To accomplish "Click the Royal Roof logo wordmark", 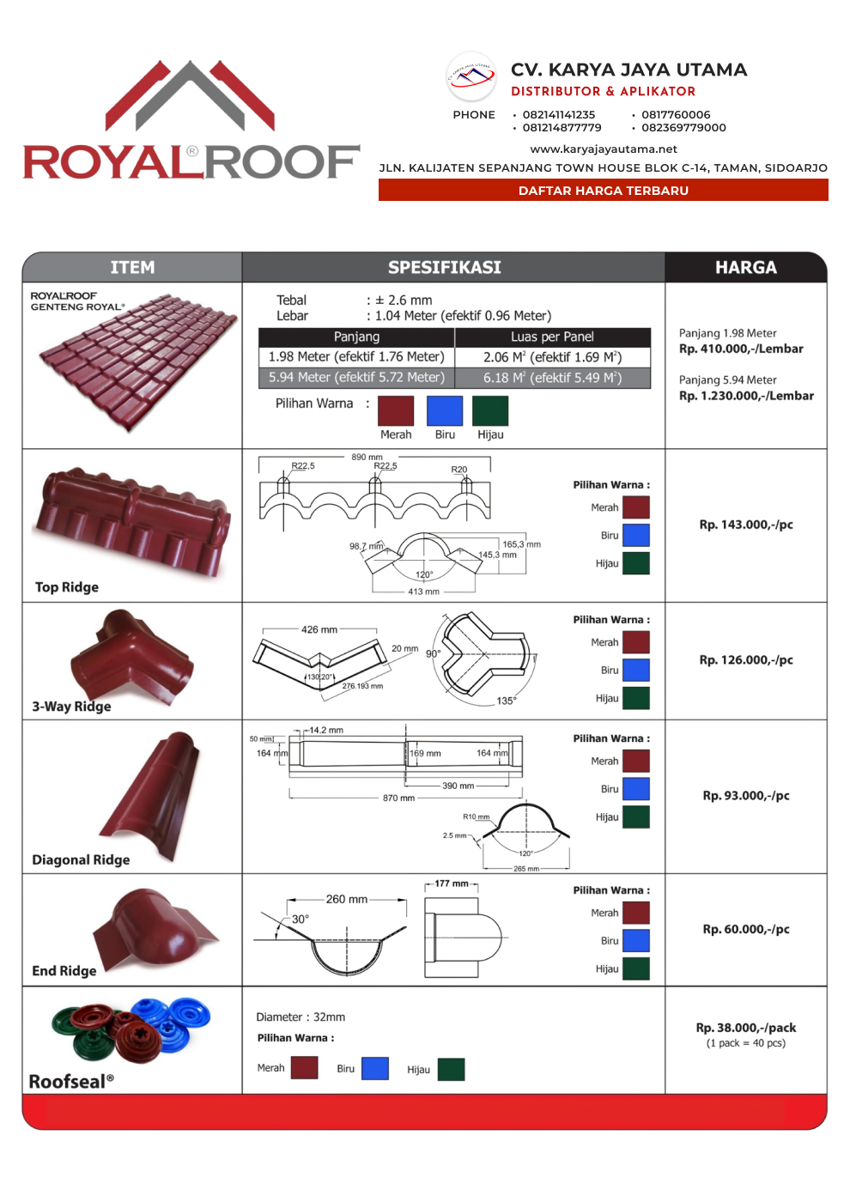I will click(x=191, y=161).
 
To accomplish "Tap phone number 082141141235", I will click(x=558, y=115).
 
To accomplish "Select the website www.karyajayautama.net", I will click(x=604, y=149).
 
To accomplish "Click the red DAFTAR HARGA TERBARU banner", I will click(x=603, y=191).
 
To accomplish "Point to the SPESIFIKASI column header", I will click(x=444, y=268).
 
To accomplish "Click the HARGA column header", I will click(x=745, y=268).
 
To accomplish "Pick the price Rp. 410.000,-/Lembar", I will click(x=741, y=349).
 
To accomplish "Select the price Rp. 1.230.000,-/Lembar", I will click(x=746, y=396).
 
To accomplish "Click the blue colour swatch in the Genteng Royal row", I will click(x=445, y=410).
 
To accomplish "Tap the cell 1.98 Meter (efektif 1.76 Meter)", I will click(x=356, y=357).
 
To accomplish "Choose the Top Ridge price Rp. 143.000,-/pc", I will click(x=745, y=525).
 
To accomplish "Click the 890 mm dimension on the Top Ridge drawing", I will click(x=367, y=458).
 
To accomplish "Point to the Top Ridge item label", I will click(x=67, y=587).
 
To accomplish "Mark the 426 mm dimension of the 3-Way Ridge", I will click(x=319, y=630).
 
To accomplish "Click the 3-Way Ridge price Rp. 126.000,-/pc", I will click(x=745, y=660).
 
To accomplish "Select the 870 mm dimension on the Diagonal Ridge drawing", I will click(x=398, y=798).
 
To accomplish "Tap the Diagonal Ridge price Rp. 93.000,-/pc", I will click(x=745, y=796).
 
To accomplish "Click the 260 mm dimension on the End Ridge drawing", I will click(x=346, y=900).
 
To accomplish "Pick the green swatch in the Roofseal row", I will click(x=451, y=1070).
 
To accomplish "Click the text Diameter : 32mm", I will click(x=301, y=1017).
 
